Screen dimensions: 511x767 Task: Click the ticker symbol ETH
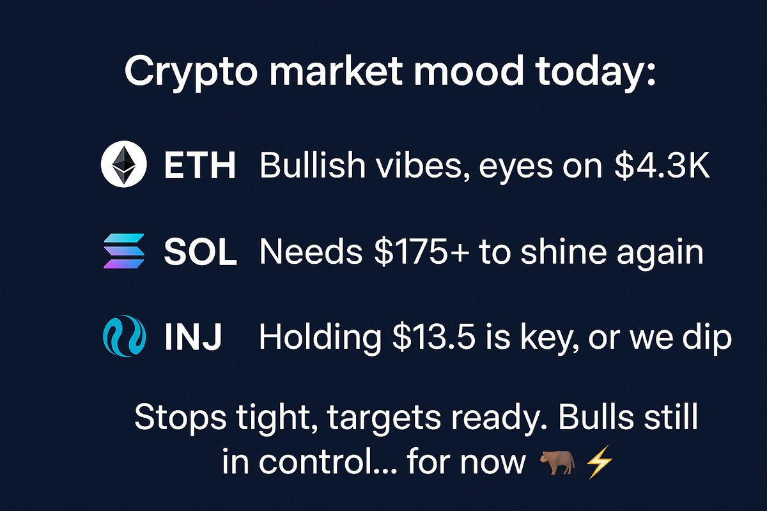(x=200, y=167)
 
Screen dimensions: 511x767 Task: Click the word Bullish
(x=311, y=167)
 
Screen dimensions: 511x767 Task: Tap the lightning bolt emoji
(x=600, y=461)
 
